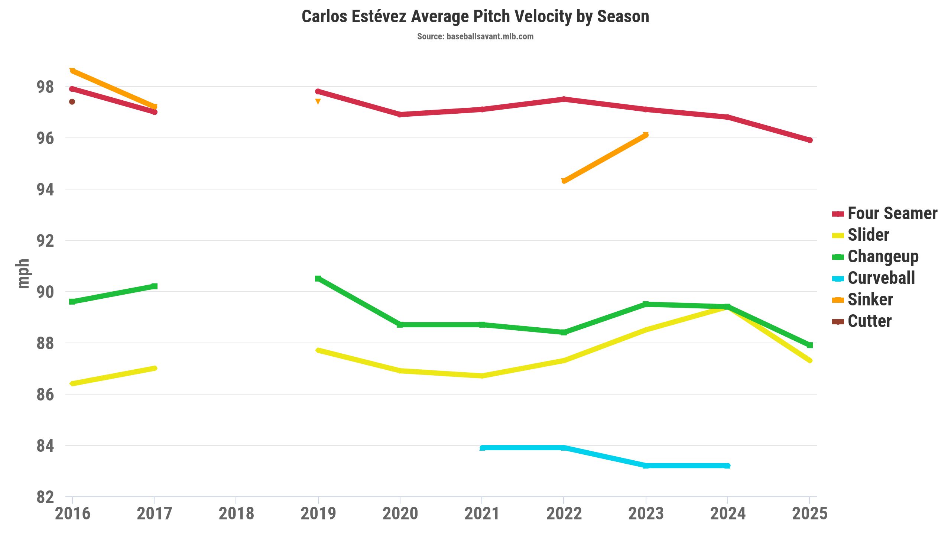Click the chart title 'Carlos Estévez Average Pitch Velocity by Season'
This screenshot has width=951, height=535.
(475, 17)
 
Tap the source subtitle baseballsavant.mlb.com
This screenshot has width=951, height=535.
(475, 36)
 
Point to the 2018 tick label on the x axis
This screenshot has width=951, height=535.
(236, 514)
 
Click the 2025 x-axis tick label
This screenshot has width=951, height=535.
(810, 514)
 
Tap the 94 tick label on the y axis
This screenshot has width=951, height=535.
(45, 189)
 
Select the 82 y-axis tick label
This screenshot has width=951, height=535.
(45, 497)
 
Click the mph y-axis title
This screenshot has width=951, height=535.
(23, 274)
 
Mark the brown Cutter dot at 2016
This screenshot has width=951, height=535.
(72, 102)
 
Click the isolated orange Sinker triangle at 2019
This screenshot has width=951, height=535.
(318, 101)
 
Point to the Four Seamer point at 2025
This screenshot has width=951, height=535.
(810, 140)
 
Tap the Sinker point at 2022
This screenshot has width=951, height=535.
(564, 181)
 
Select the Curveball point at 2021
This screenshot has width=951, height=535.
(482, 448)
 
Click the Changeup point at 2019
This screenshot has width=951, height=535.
(318, 279)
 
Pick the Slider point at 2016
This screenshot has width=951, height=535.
(72, 383)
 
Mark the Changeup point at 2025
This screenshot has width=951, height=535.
(810, 345)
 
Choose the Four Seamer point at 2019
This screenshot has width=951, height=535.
(318, 91)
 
